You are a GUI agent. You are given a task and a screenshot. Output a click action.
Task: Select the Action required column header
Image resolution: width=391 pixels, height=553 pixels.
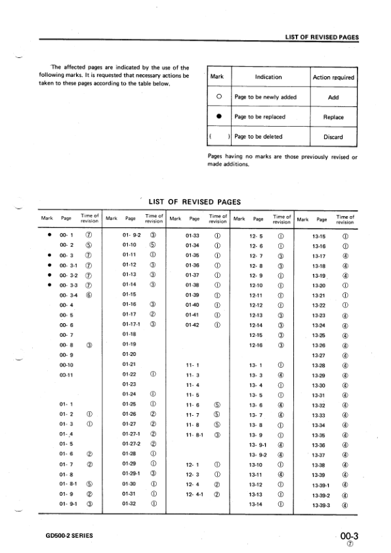pyautogui.click(x=333, y=77)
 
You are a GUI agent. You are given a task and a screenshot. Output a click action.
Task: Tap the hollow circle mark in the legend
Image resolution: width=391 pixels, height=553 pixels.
pyautogui.click(x=216, y=97)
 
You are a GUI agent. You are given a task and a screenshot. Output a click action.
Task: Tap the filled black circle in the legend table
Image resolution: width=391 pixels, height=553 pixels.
pyautogui.click(x=216, y=118)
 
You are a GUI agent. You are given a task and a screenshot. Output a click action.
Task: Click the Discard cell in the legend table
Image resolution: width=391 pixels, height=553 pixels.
pyautogui.click(x=333, y=137)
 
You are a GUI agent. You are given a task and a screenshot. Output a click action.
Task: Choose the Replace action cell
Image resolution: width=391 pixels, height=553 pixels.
pyautogui.click(x=333, y=118)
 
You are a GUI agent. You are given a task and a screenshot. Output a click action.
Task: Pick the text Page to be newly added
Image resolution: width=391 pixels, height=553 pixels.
pyautogui.click(x=265, y=97)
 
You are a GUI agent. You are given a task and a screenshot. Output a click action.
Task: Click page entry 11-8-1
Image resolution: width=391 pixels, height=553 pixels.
pyautogui.click(x=195, y=434)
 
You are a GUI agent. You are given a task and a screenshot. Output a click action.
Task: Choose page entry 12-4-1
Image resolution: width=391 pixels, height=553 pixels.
pyautogui.click(x=195, y=493)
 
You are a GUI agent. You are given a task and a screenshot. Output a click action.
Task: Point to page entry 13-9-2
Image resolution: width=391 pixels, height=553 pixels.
pyautogui.click(x=258, y=454)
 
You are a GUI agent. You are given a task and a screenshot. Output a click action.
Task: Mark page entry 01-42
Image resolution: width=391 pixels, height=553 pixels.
pyautogui.click(x=193, y=323)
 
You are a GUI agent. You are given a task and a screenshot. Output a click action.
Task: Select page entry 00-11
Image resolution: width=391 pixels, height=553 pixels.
pyautogui.click(x=66, y=374)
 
